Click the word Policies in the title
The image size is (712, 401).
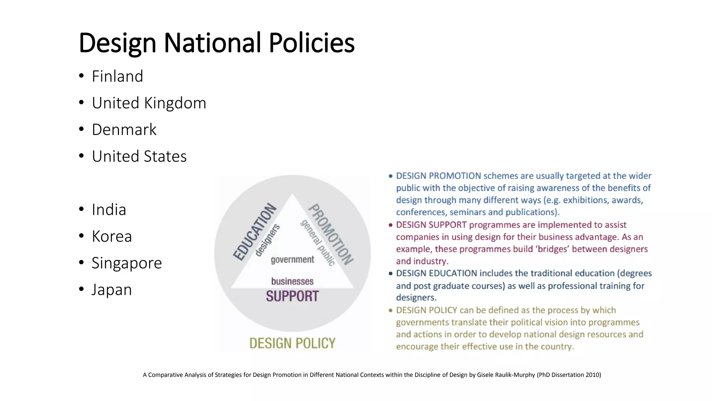311,43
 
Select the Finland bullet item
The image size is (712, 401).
117,76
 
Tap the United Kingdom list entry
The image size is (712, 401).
149,103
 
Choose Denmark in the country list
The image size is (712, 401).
124,129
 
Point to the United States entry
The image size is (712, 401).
139,156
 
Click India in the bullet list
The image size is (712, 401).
109,210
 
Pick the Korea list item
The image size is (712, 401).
112,236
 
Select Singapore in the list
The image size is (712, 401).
127,263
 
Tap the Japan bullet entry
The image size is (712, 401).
112,290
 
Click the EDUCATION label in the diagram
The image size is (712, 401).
254,232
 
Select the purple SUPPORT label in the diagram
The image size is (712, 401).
292,296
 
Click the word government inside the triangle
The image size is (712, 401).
292,260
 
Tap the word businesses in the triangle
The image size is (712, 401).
292,281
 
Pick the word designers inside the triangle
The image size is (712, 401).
268,240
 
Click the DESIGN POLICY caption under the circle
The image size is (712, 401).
292,343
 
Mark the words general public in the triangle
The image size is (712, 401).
318,243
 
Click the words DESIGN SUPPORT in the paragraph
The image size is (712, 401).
431,225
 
